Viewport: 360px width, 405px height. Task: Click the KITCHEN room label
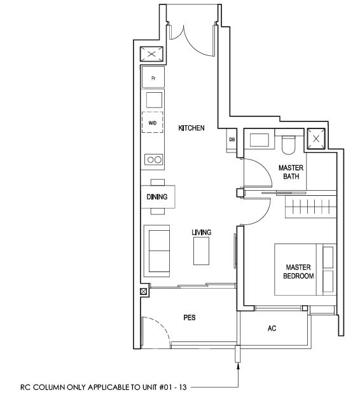click(x=191, y=128)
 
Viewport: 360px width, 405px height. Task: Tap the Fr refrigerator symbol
click(x=153, y=77)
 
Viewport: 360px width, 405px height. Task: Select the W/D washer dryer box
click(x=153, y=122)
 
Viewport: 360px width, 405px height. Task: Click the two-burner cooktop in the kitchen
click(x=154, y=160)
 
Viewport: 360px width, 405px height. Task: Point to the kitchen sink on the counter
click(x=155, y=100)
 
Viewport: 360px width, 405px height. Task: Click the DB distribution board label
click(x=232, y=139)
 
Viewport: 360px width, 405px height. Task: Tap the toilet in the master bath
click(x=289, y=145)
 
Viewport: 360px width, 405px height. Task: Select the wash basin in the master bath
click(x=260, y=141)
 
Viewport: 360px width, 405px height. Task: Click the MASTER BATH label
click(x=291, y=172)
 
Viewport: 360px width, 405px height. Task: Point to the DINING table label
click(x=157, y=197)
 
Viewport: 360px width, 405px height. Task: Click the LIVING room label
click(x=202, y=232)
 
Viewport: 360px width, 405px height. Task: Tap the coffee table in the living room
click(x=202, y=251)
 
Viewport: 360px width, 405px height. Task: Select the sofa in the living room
click(x=156, y=251)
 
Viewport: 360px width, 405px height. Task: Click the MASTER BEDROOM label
click(x=298, y=271)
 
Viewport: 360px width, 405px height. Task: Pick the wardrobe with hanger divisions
click(x=311, y=207)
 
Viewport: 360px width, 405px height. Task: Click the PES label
click(x=190, y=317)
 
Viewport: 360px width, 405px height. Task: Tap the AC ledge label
click(x=272, y=328)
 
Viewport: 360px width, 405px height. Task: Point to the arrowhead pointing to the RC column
click(x=238, y=366)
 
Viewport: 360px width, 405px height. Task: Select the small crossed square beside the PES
click(x=144, y=292)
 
